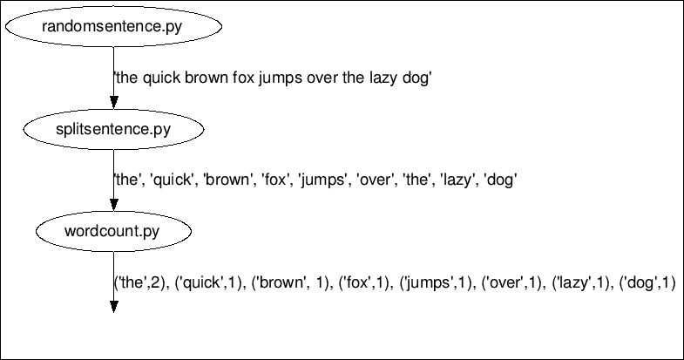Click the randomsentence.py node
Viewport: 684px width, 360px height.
pos(113,27)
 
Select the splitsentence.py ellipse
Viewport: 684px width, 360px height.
pos(113,130)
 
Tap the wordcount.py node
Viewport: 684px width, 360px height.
pos(113,232)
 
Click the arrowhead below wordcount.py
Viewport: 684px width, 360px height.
pos(113,306)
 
